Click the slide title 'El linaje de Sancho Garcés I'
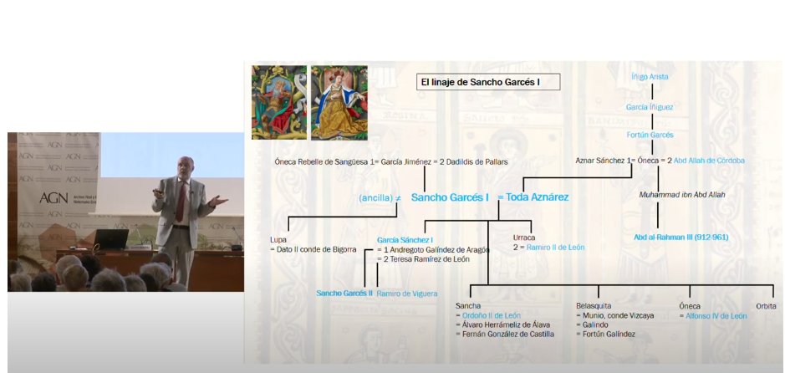pos(488,82)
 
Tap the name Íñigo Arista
pos(650,77)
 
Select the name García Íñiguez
pos(650,107)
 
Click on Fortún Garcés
pos(650,134)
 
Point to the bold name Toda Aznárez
pos(536,197)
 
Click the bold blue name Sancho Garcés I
pos(451,197)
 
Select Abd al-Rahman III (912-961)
pos(681,237)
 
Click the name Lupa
pos(278,240)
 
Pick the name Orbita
pos(766,306)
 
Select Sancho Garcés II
pos(344,294)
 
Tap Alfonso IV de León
pos(716,316)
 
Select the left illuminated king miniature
pos(278,103)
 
